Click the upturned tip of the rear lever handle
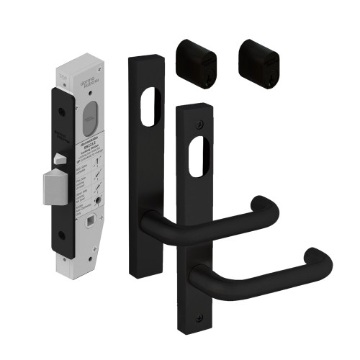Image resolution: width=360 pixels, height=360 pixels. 268,206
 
